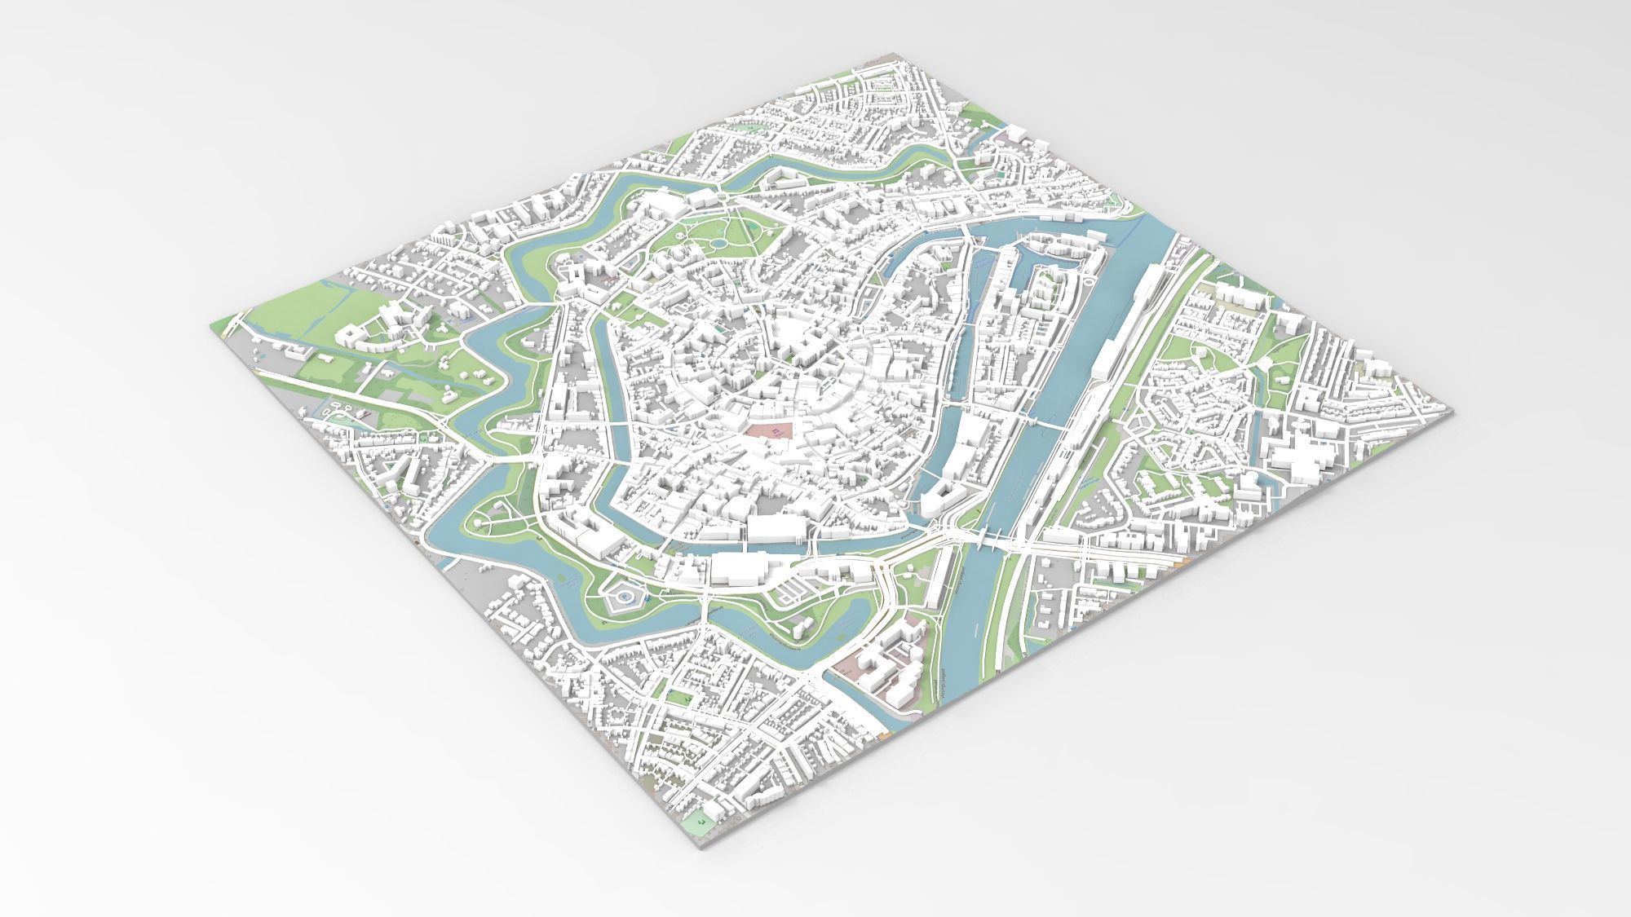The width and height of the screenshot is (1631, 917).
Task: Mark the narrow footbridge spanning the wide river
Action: click(x=1047, y=424)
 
